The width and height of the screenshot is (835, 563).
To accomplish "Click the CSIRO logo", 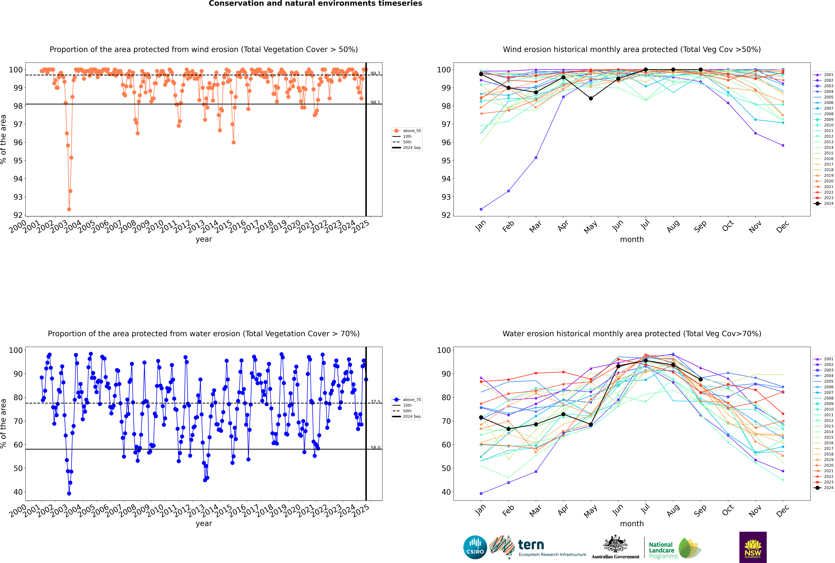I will point(475,547).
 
